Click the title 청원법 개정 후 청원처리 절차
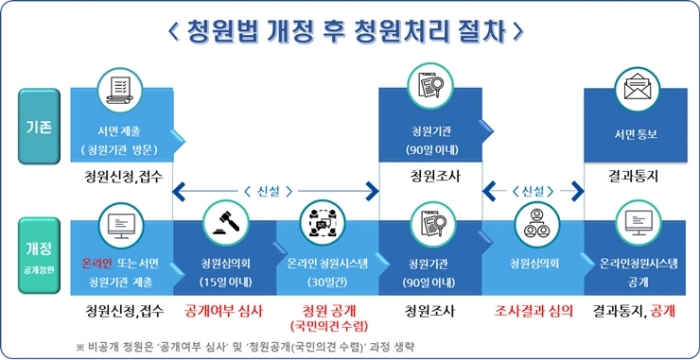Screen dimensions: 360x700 (349, 30)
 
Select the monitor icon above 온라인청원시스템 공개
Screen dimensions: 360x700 (634, 221)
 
